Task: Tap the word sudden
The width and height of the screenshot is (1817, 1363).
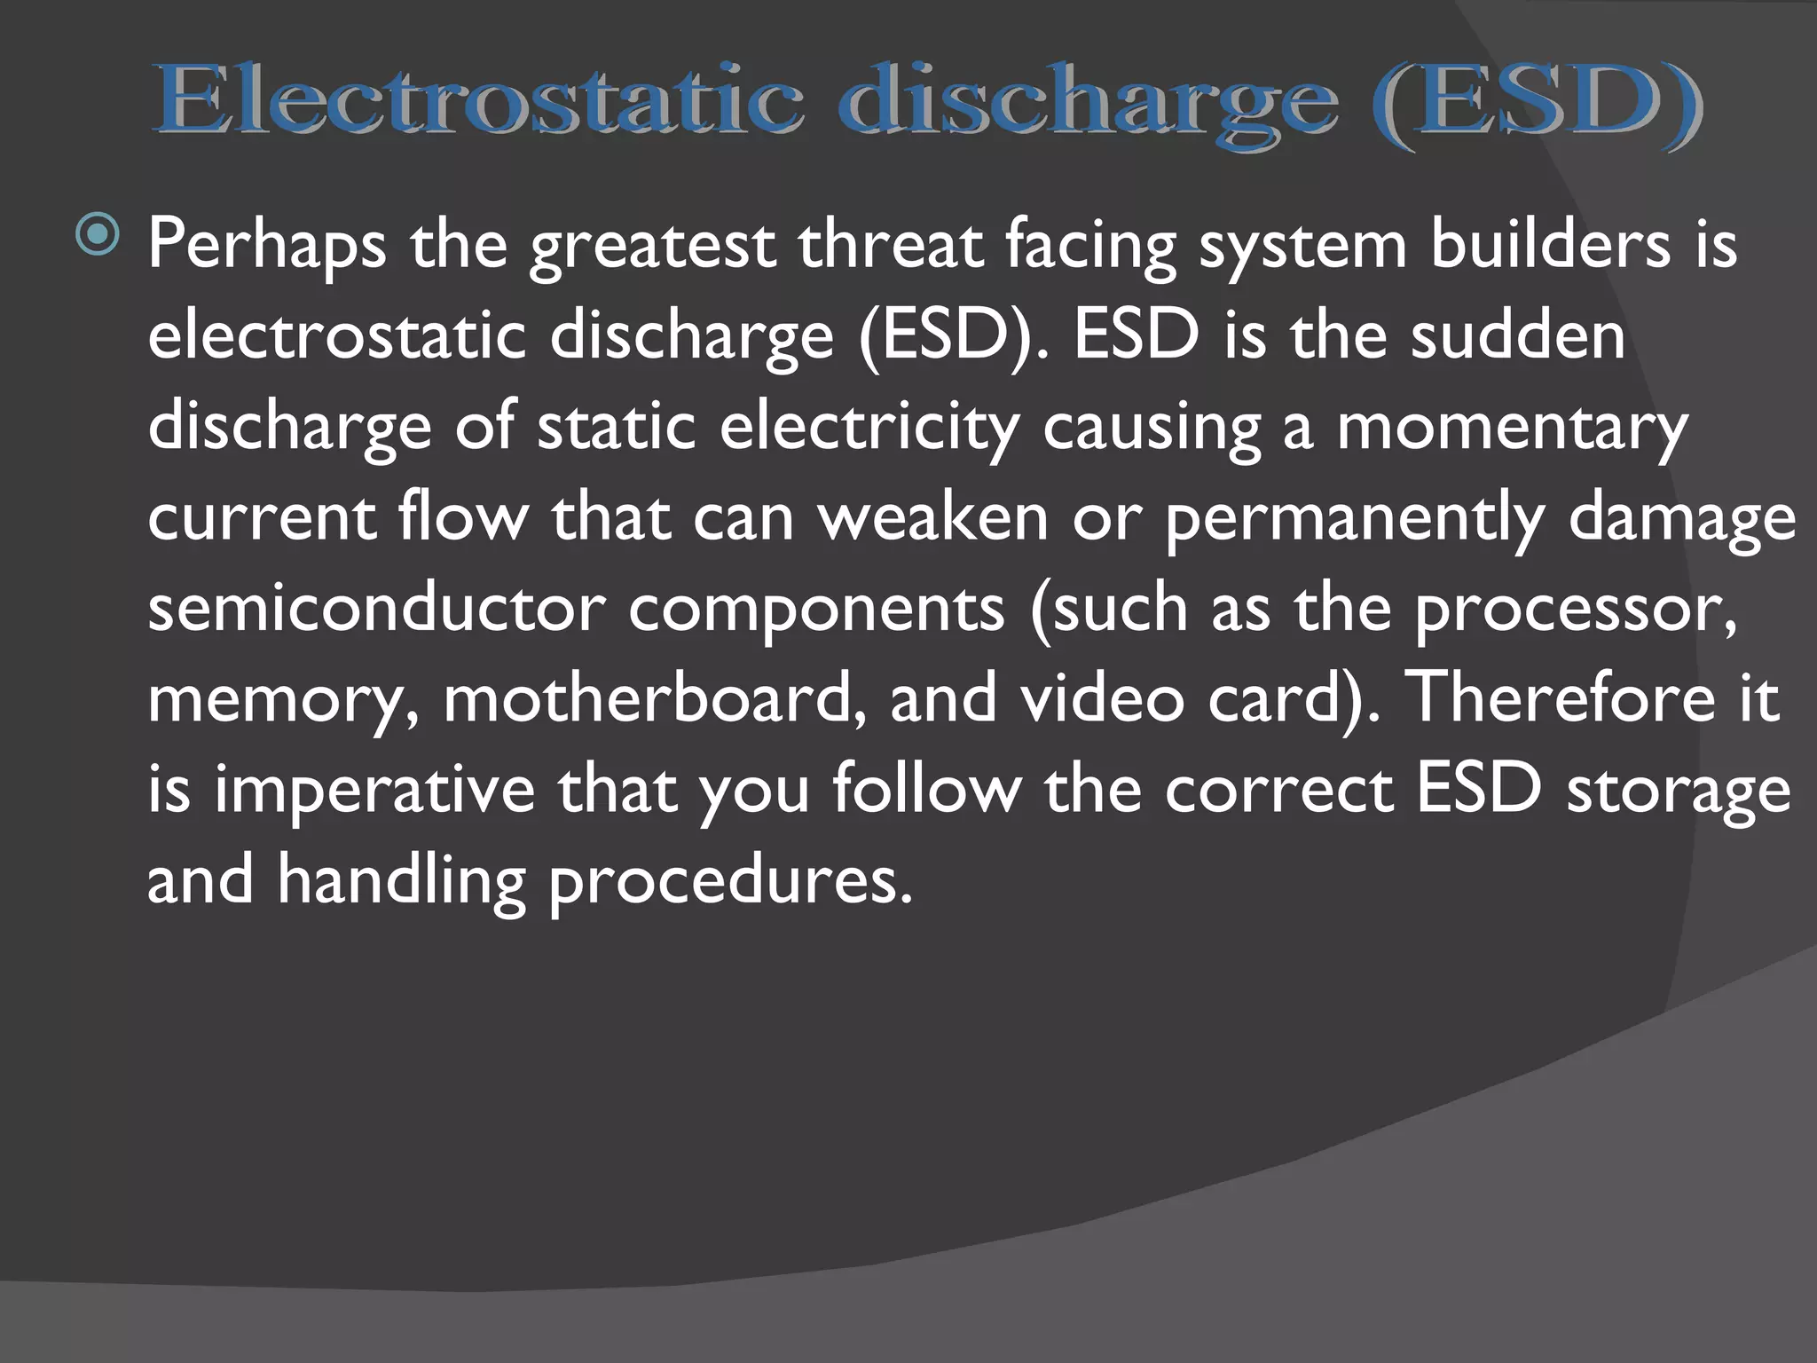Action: click(x=1518, y=335)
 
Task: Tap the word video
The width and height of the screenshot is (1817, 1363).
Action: click(x=1101, y=698)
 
